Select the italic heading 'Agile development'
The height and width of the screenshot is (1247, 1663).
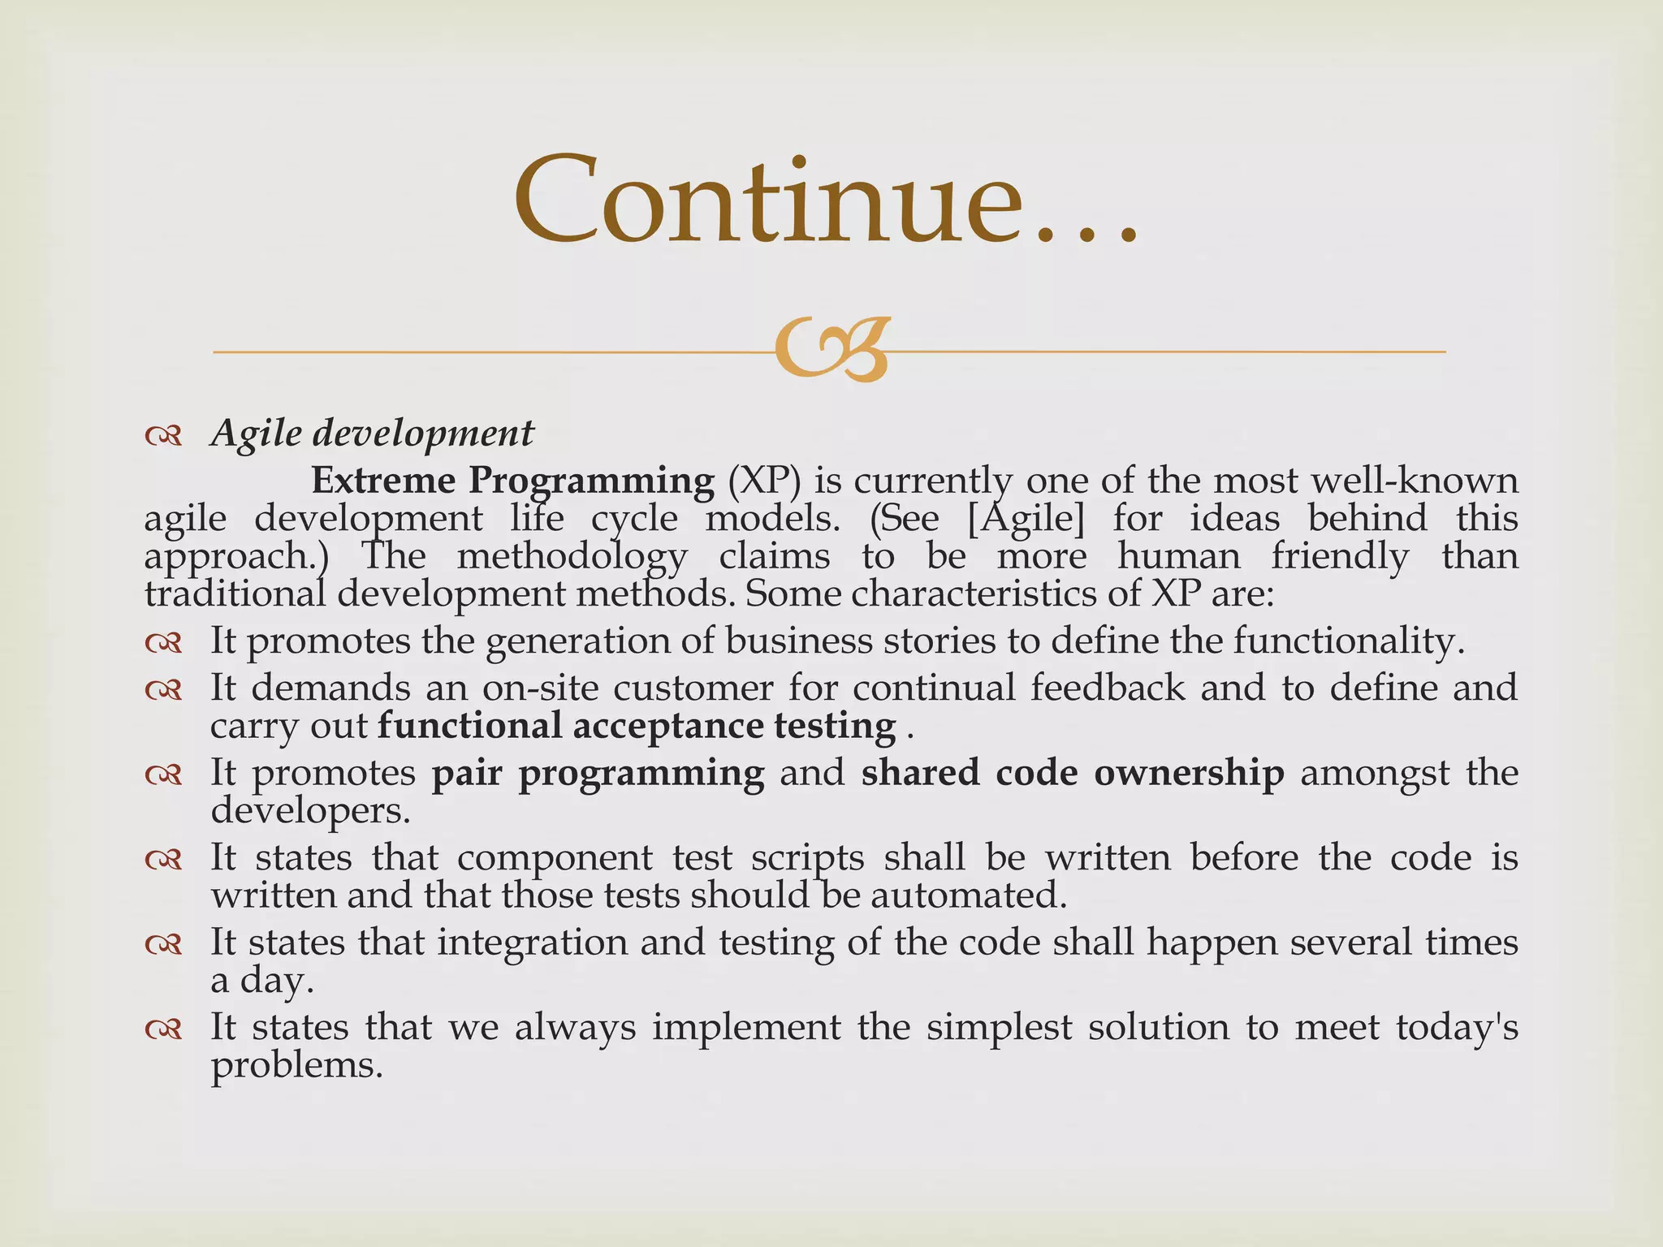click(x=372, y=433)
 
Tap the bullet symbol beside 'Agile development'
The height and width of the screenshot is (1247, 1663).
click(x=163, y=437)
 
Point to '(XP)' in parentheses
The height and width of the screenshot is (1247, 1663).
click(x=763, y=481)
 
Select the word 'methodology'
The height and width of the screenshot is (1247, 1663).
click(x=572, y=557)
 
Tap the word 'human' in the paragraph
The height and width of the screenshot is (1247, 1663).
click(x=1178, y=556)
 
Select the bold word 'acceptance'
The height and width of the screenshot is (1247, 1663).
click(x=667, y=726)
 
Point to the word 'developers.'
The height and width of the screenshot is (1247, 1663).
click(x=310, y=810)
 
